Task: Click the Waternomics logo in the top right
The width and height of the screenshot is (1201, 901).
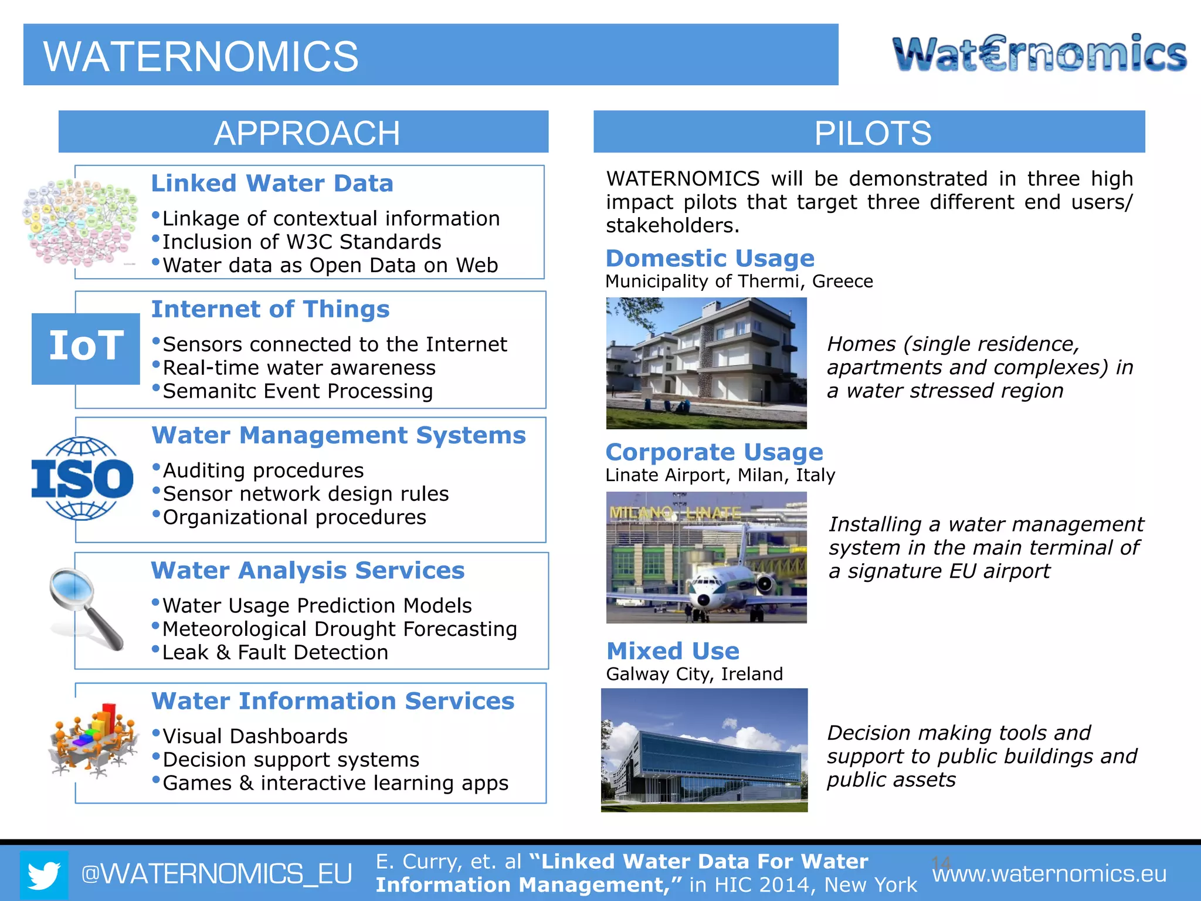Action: pos(1039,53)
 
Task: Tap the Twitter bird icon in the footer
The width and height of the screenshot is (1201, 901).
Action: pos(44,875)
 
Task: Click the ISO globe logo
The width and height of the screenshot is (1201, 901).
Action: pos(82,479)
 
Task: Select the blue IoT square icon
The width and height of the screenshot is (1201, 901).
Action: pos(86,348)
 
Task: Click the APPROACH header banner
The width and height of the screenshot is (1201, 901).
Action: pos(303,132)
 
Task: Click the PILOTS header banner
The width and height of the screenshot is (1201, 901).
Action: pos(869,132)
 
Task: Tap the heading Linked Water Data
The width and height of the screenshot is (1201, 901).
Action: pos(272,184)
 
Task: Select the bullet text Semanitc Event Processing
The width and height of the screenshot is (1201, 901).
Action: pos(297,391)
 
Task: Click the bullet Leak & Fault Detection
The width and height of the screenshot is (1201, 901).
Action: pos(275,652)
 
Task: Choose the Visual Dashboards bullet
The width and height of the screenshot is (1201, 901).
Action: pos(255,736)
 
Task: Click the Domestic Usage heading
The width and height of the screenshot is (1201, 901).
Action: pos(710,258)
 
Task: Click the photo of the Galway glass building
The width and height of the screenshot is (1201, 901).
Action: pos(704,750)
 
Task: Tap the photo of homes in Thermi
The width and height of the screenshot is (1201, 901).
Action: pos(706,363)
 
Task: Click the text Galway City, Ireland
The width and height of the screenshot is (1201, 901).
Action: pos(694,674)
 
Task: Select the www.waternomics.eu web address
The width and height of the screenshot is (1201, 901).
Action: pos(1049,874)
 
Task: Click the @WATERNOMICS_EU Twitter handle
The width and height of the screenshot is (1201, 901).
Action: pos(216,874)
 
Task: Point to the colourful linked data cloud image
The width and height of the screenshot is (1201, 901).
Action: pos(79,222)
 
